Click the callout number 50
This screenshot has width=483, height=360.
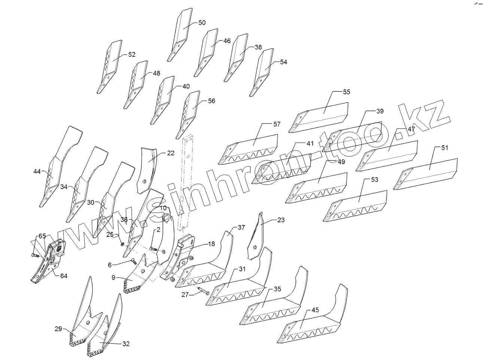[202, 22]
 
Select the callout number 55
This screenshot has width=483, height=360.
[346, 92]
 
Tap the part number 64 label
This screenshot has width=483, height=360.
[64, 276]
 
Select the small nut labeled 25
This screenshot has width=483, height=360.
[122, 244]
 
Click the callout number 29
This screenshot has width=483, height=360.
[58, 329]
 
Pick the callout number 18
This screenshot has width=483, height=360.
[212, 244]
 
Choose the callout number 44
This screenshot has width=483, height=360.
[37, 171]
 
